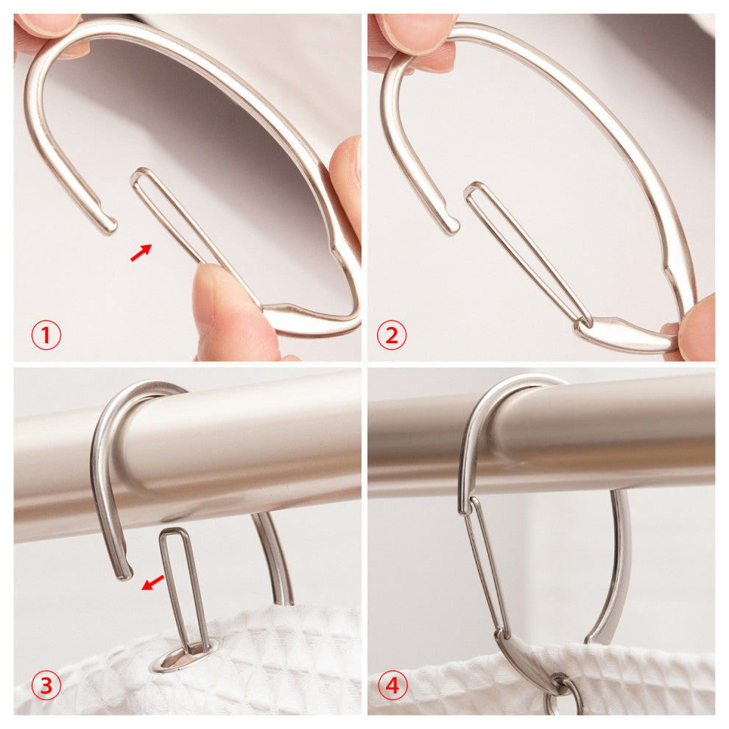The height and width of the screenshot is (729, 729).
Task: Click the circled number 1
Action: pyautogui.click(x=46, y=335)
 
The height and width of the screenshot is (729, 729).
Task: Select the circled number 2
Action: pyautogui.click(x=392, y=335)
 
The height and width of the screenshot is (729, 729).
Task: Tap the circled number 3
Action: pyautogui.click(x=46, y=686)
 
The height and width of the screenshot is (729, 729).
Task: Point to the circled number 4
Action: pyautogui.click(x=393, y=686)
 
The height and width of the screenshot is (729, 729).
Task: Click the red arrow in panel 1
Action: pyautogui.click(x=141, y=253)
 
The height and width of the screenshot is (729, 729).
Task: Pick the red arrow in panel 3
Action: pyautogui.click(x=152, y=582)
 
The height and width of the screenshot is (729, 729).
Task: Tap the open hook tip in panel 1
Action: pyautogui.click(x=109, y=228)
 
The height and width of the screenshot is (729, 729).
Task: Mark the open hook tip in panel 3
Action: pyautogui.click(x=124, y=574)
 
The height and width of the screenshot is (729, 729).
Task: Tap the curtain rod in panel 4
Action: pyautogui.click(x=542, y=434)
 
